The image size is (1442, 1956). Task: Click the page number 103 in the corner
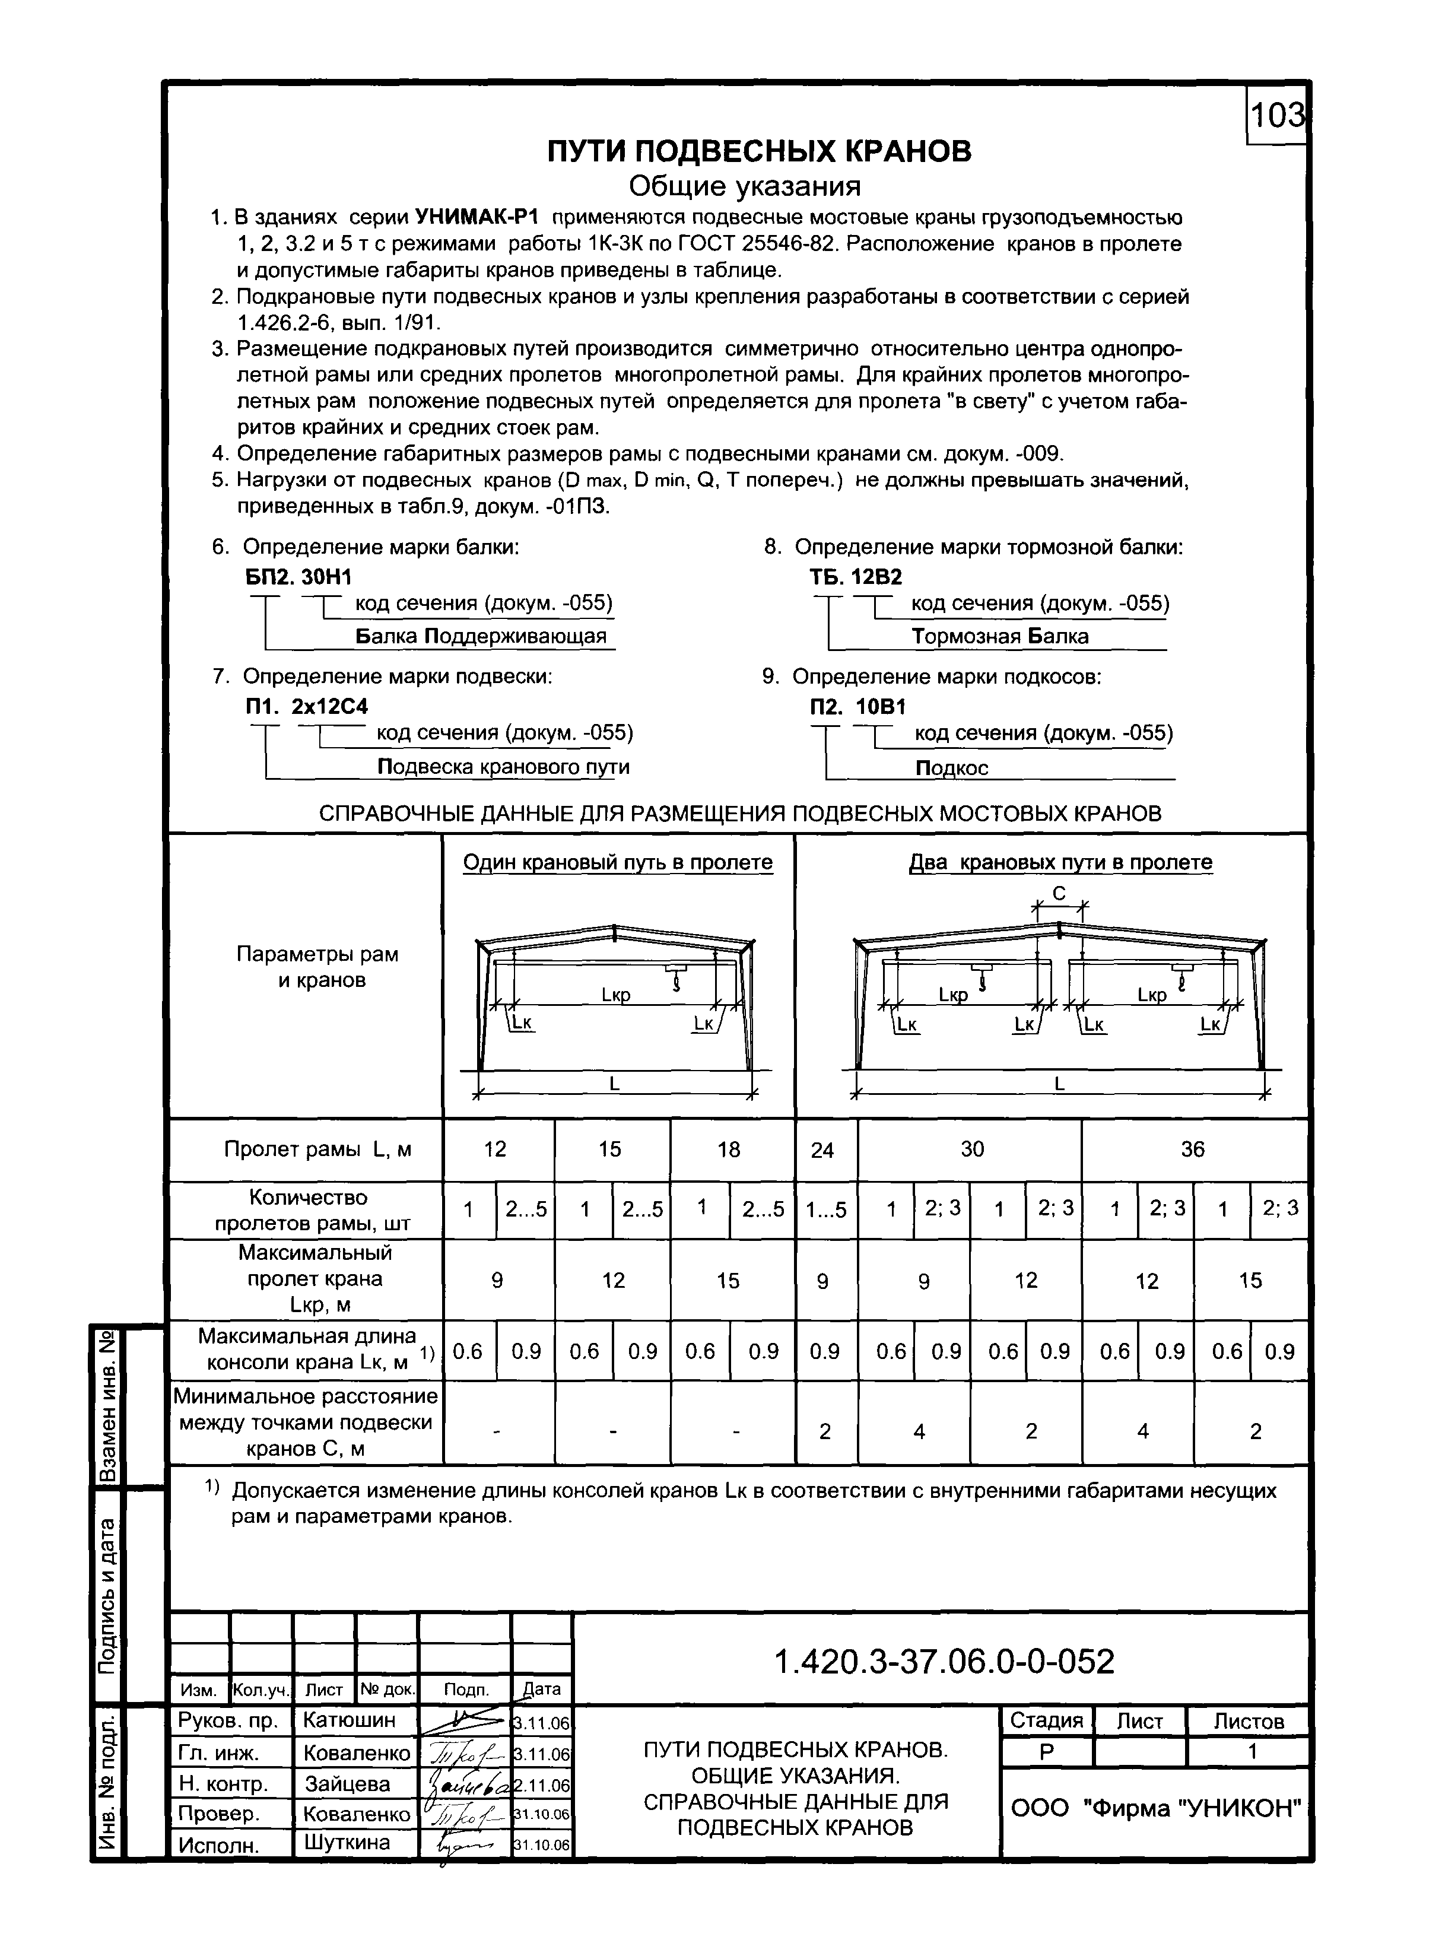[x=1278, y=115]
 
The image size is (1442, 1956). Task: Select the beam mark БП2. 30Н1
[x=298, y=577]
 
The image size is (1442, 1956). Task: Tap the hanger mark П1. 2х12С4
[x=306, y=706]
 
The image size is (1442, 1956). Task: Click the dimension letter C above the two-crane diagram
[x=1059, y=894]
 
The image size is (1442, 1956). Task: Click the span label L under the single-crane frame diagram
[x=615, y=1083]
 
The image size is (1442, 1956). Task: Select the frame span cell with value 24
[x=822, y=1150]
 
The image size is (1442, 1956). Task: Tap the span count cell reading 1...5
[x=826, y=1209]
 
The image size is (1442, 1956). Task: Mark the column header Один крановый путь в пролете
[x=617, y=862]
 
